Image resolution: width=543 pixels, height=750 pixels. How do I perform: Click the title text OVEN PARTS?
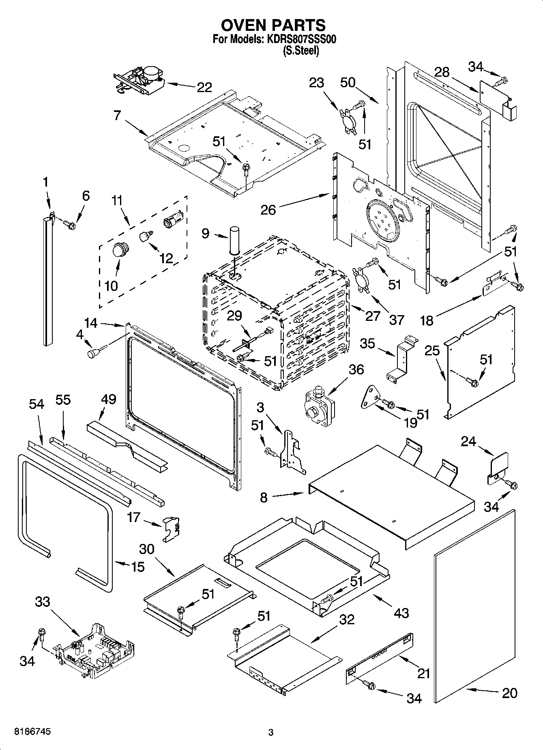[x=273, y=25]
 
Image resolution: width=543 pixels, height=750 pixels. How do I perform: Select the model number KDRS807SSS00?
[x=301, y=40]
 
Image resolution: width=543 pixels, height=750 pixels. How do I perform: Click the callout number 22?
[x=204, y=87]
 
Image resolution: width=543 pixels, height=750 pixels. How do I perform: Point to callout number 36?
[x=356, y=369]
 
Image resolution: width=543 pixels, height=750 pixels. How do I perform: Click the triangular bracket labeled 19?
[x=370, y=397]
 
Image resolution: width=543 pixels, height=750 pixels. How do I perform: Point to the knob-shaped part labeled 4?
[x=94, y=353]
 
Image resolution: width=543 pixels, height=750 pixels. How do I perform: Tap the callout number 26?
[x=268, y=210]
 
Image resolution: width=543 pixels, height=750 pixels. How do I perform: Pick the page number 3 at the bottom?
[x=271, y=733]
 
